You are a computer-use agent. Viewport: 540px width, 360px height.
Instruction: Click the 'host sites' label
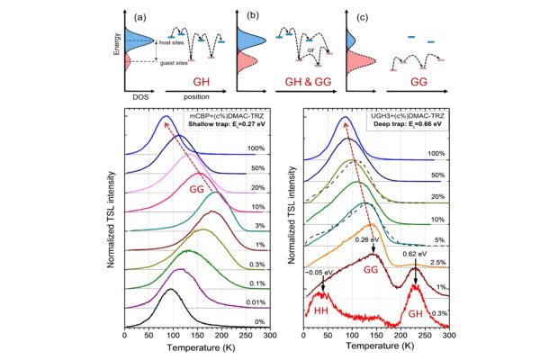click(x=171, y=43)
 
